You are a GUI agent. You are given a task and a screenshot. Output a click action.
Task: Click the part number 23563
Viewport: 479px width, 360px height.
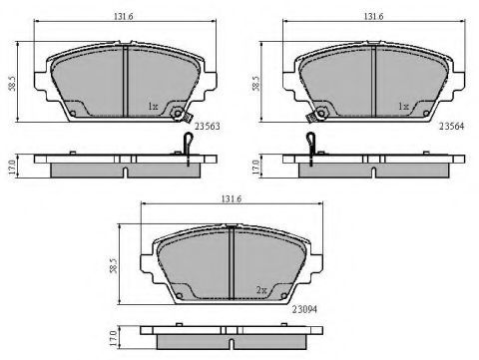click(x=208, y=127)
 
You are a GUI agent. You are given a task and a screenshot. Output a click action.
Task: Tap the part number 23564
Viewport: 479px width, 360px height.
click(x=452, y=126)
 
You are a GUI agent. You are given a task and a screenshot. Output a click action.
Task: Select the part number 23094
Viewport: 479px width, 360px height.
click(x=304, y=309)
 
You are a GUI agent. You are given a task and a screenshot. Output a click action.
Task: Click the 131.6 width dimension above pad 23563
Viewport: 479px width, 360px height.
click(x=124, y=16)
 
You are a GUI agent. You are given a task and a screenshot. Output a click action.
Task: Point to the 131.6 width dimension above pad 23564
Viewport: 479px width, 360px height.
click(x=373, y=16)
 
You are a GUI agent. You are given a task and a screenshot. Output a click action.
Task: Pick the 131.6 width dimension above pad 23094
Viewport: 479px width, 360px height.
click(x=232, y=198)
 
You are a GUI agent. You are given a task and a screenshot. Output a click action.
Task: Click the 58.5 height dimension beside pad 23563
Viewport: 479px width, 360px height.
click(x=12, y=84)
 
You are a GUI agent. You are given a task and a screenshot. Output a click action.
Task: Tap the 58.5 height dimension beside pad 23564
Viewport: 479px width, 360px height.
click(x=255, y=84)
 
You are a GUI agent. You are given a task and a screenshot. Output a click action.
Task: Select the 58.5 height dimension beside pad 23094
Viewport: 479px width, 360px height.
click(x=114, y=265)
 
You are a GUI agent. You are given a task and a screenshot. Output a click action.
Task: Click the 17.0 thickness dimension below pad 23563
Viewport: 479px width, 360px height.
click(x=12, y=168)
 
